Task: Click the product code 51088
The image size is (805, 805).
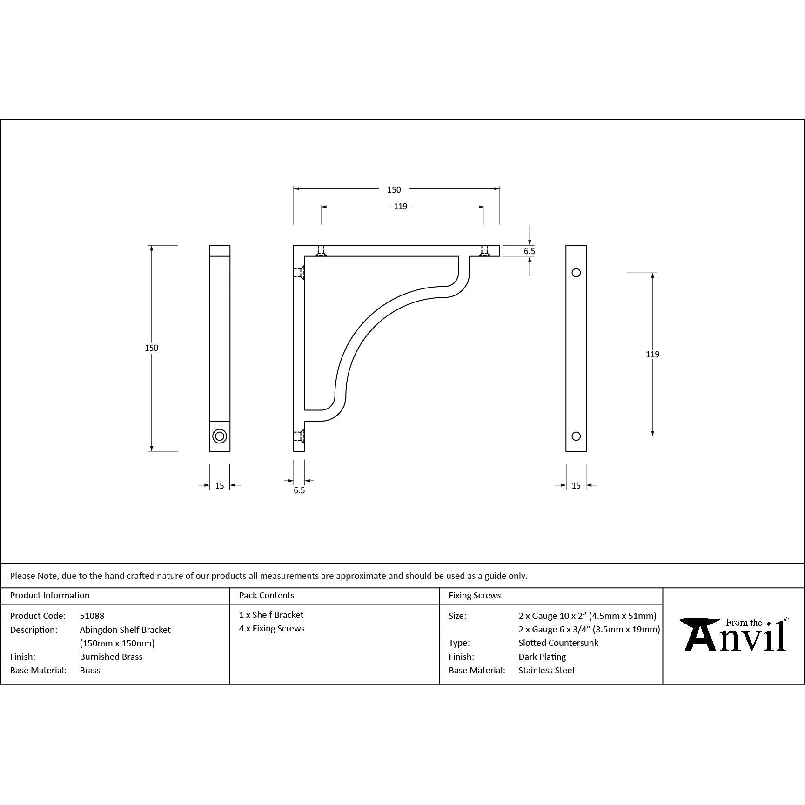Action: (x=92, y=616)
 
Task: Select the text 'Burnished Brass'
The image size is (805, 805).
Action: (x=111, y=657)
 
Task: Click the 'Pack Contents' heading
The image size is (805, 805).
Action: (x=266, y=595)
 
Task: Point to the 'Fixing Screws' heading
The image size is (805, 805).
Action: (x=474, y=595)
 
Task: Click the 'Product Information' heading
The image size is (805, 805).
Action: (x=49, y=595)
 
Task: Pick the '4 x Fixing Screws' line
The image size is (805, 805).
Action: (x=272, y=628)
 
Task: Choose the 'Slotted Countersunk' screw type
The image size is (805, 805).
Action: (x=558, y=643)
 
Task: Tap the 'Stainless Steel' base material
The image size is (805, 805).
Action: (x=546, y=670)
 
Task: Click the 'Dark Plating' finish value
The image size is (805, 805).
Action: (x=542, y=657)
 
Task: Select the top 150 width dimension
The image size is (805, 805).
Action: (x=394, y=189)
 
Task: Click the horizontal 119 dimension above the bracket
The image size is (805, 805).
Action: (x=400, y=207)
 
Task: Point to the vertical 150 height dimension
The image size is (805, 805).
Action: (x=151, y=348)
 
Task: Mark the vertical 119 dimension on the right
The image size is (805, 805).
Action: (x=652, y=354)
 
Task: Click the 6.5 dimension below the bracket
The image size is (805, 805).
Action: (x=299, y=490)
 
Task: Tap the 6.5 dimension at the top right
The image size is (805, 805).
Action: (x=529, y=251)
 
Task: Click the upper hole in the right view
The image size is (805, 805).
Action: (x=576, y=273)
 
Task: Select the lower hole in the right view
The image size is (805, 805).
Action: (x=576, y=436)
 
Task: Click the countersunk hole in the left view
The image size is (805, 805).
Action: (x=220, y=436)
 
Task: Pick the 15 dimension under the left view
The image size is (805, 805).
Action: (x=220, y=485)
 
